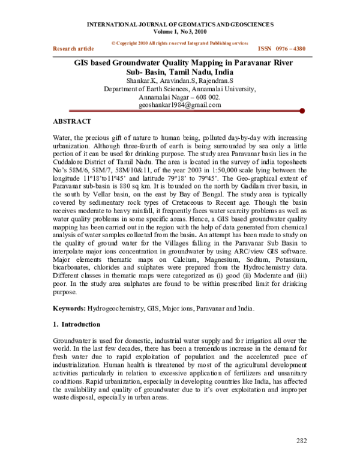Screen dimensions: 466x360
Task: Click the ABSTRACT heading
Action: pos(73,121)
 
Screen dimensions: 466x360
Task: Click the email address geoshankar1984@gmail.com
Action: pos(180,104)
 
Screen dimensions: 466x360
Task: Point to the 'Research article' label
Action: pos(74,48)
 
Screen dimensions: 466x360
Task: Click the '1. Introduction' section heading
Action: pos(77,324)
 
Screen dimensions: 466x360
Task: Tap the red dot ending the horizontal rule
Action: pos(302,110)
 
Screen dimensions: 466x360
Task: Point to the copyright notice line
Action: pos(180,43)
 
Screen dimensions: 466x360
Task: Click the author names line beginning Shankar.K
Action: pos(180,80)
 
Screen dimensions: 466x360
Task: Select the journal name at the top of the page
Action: pos(181,24)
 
